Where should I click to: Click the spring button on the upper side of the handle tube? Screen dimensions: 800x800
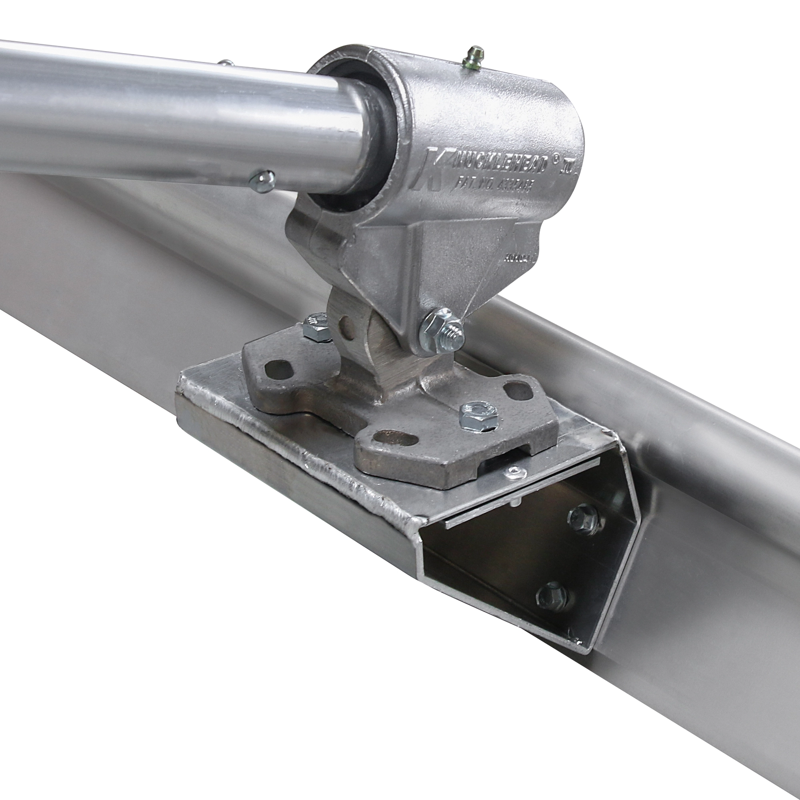(x=225, y=63)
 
